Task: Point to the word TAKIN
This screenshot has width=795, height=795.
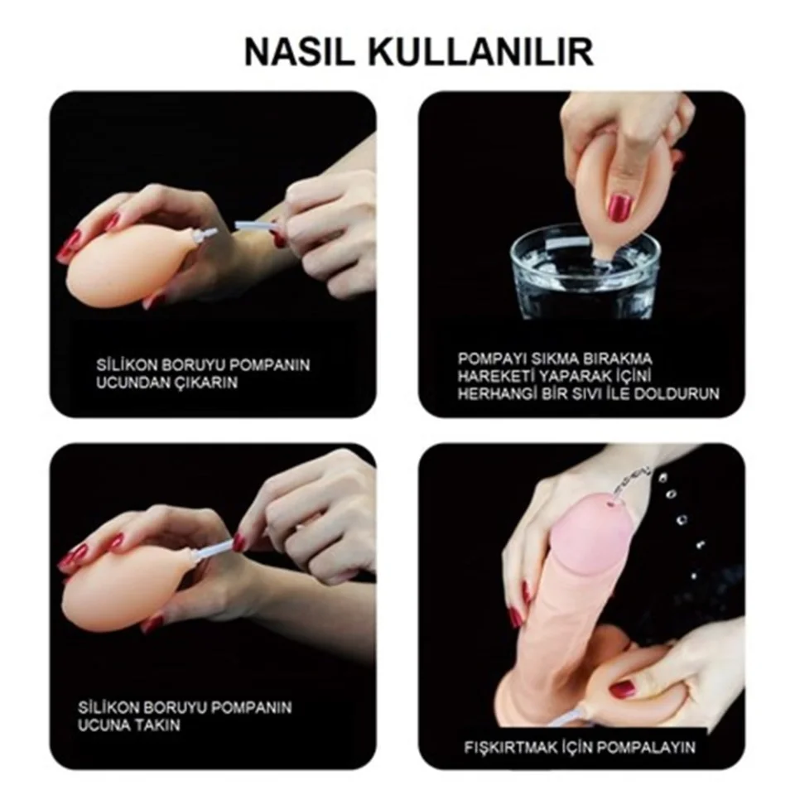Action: point(157,725)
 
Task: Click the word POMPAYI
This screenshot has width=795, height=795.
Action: point(492,359)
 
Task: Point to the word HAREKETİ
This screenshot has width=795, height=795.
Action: point(495,376)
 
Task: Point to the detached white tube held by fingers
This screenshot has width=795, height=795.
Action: point(256,228)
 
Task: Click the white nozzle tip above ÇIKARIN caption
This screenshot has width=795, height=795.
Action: point(208,234)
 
